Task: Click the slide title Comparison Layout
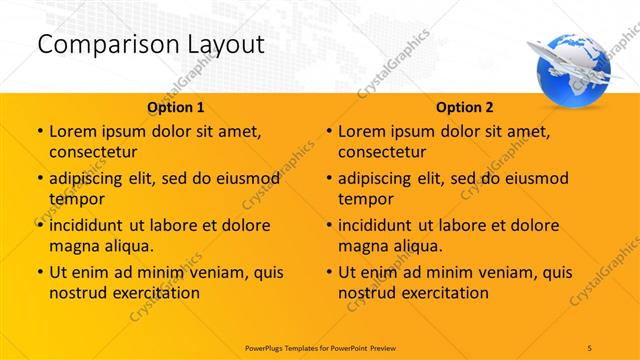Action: (150, 44)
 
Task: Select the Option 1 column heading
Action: (176, 107)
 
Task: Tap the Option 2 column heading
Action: (465, 107)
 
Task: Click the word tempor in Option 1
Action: (73, 199)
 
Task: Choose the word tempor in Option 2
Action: (362, 199)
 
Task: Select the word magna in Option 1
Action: (73, 246)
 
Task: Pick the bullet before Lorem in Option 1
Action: (39, 131)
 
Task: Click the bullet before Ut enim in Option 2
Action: (328, 272)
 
